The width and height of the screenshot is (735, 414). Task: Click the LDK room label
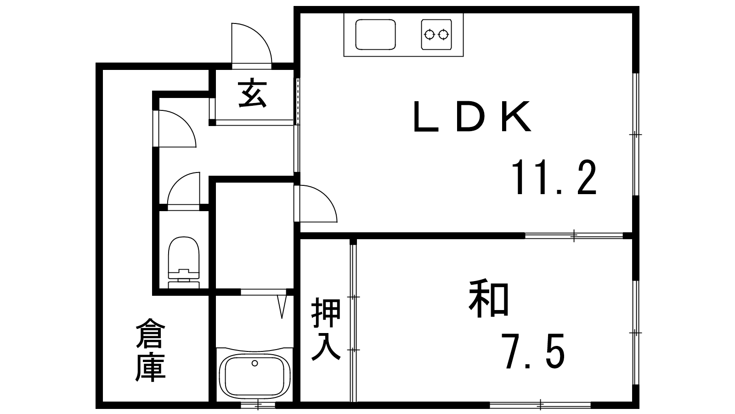[472, 116]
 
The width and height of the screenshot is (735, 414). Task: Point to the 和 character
[489, 299]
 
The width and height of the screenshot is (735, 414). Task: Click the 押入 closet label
[326, 329]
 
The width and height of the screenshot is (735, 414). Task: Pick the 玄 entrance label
[252, 93]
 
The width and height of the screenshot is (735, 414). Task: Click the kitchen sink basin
[375, 34]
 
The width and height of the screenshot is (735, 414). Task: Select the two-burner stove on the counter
[436, 34]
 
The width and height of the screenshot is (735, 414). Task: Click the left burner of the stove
[429, 34]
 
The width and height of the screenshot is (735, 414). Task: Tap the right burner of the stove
[443, 34]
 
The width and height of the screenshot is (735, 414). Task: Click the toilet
[184, 262]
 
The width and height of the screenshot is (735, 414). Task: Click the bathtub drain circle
[254, 363]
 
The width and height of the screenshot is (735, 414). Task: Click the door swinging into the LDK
[316, 204]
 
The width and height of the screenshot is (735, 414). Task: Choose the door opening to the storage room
[175, 128]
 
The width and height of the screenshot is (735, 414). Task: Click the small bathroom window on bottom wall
[258, 404]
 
